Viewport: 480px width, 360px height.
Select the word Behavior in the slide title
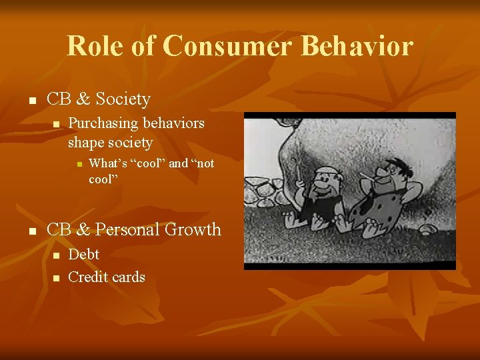pos(357,46)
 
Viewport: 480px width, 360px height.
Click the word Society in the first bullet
pos(123,99)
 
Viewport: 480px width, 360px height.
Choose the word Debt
pos(84,254)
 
